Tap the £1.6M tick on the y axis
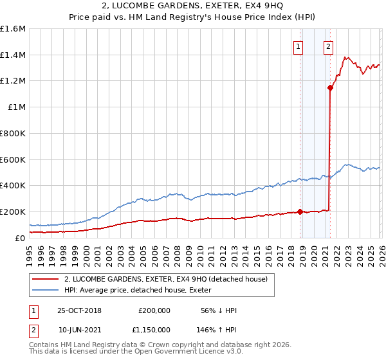[13, 29]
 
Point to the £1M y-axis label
[17, 107]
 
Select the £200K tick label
[13, 212]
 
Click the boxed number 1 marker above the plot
[299, 46]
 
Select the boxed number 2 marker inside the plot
[328, 46]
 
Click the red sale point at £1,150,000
[330, 88]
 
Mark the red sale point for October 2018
[300, 212]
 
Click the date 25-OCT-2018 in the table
[79, 310]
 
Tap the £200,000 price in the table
[154, 310]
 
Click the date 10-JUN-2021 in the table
[79, 329]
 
